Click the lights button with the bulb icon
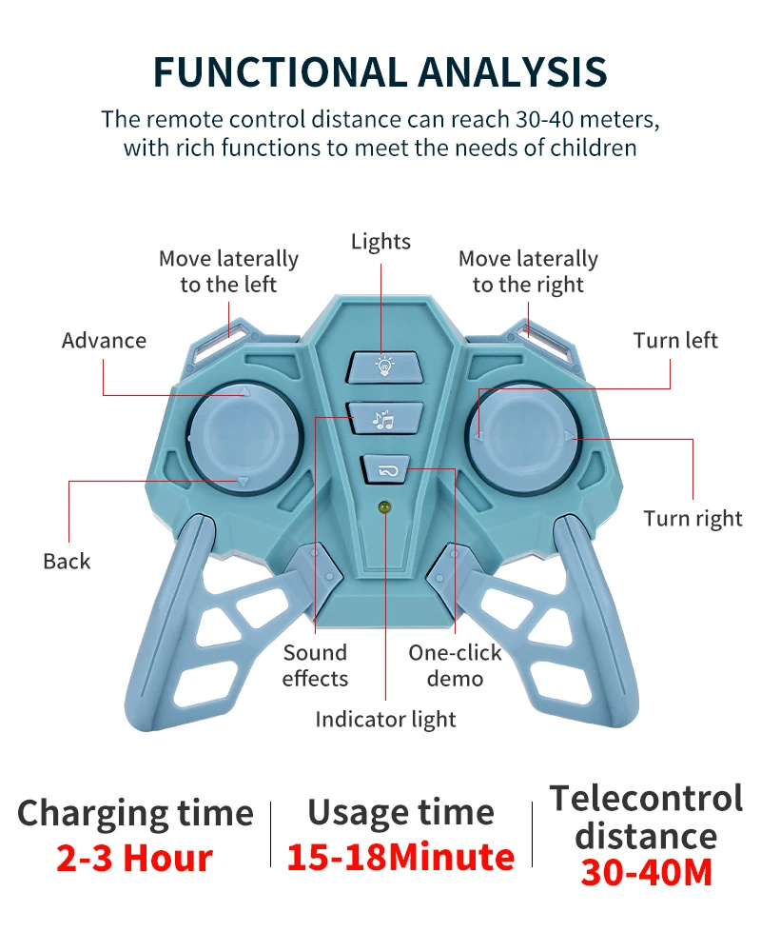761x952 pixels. click(x=384, y=366)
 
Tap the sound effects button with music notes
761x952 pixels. click(x=384, y=417)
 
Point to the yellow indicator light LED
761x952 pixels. click(x=385, y=508)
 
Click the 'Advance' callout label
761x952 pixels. click(x=104, y=341)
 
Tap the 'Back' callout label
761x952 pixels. click(x=67, y=562)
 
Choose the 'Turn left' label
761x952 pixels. click(x=675, y=341)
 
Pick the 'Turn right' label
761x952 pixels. click(x=693, y=519)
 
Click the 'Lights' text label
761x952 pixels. click(x=380, y=242)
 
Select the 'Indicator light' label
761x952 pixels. click(x=385, y=720)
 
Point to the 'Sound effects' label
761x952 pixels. click(x=315, y=665)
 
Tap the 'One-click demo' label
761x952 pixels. click(x=455, y=665)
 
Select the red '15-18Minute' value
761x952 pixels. click(x=400, y=857)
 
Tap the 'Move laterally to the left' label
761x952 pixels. click(x=228, y=271)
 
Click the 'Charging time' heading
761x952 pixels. click(x=135, y=814)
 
